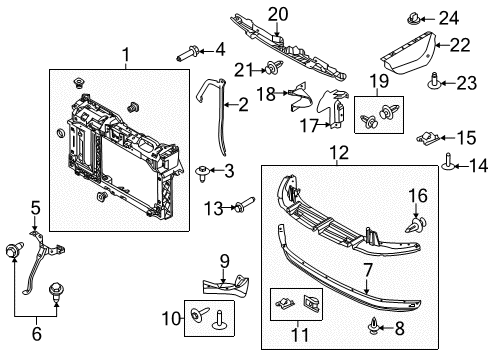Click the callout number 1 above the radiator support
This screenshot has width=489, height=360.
[x=126, y=56]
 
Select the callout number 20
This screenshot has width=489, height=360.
[x=276, y=13]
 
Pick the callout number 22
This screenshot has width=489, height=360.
[x=459, y=45]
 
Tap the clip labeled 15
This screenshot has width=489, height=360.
[x=430, y=137]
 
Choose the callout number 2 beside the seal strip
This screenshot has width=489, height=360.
[x=242, y=104]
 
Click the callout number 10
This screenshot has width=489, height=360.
[x=169, y=319]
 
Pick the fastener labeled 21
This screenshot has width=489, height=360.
[x=272, y=67]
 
